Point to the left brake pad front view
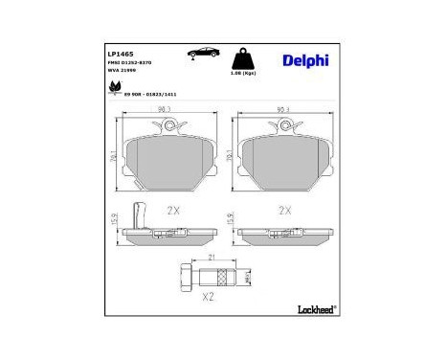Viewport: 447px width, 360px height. [165, 158]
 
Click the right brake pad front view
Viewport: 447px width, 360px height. [283, 158]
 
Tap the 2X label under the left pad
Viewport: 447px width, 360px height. [174, 208]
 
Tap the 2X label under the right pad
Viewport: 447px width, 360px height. [283, 208]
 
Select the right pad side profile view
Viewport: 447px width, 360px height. [283, 233]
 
